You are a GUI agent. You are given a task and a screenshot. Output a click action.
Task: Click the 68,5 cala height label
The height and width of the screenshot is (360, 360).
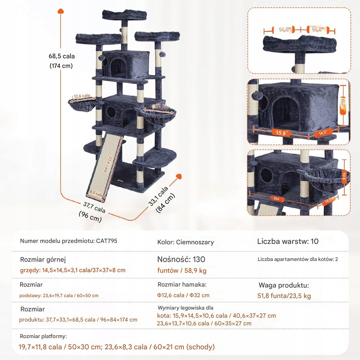[x=61, y=56]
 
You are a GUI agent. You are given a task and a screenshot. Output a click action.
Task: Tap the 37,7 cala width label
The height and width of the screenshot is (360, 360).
[x=94, y=207]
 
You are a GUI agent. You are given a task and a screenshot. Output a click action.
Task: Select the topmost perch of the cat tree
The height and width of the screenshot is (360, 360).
[x=124, y=15]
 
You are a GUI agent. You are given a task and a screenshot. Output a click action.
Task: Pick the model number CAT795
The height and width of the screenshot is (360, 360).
[x=106, y=241]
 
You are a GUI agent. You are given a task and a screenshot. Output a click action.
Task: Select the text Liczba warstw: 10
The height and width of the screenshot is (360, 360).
[x=288, y=241]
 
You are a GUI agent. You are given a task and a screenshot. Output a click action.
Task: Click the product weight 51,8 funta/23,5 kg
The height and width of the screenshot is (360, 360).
[x=284, y=296]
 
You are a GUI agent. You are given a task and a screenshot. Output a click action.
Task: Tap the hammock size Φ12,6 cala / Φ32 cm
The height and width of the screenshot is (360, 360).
[x=183, y=295]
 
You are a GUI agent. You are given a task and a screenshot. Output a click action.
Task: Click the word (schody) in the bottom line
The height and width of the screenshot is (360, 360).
[x=200, y=347]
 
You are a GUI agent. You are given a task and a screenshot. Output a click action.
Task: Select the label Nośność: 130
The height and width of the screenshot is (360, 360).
[x=181, y=259]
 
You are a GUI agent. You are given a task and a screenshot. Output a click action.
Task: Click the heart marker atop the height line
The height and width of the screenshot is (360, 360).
[x=61, y=11]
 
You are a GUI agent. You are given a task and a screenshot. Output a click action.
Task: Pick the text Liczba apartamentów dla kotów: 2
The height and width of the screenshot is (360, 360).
[x=298, y=259]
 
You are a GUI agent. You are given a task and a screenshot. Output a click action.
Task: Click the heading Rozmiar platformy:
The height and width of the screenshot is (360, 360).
[x=43, y=336]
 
